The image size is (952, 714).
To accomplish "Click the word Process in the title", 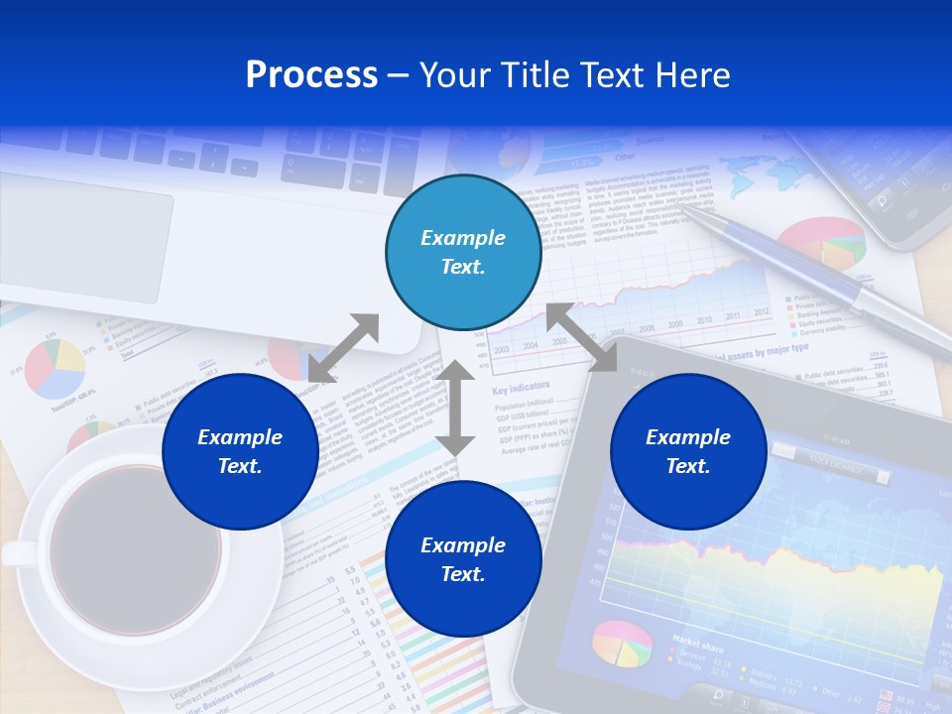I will tap(311, 75).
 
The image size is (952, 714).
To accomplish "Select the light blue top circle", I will tap(463, 252).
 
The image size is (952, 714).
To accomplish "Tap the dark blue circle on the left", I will tap(240, 451).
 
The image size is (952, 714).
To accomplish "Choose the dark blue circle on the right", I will tap(688, 451).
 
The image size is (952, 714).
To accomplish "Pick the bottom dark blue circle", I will tap(463, 559).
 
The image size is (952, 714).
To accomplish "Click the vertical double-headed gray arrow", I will tap(454, 408).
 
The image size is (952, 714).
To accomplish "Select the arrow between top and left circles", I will tap(343, 348).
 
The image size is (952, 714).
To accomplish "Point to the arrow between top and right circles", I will tap(581, 337).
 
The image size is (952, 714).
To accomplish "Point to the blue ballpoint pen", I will tap(813, 272).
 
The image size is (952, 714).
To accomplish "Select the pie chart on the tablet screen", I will tap(623, 645).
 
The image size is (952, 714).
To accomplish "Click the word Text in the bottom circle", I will tap(463, 574).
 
